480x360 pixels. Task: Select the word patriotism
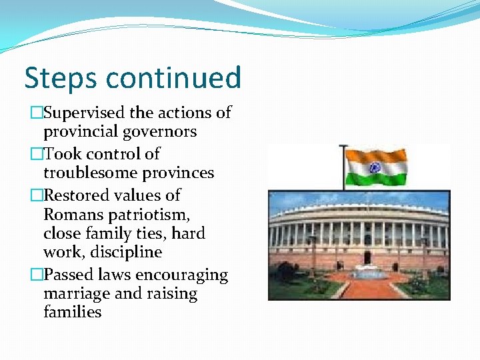tap(148, 215)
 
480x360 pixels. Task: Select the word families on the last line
tap(72, 312)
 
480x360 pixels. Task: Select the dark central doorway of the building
tap(367, 257)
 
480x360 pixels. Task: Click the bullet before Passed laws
tap(35, 275)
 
